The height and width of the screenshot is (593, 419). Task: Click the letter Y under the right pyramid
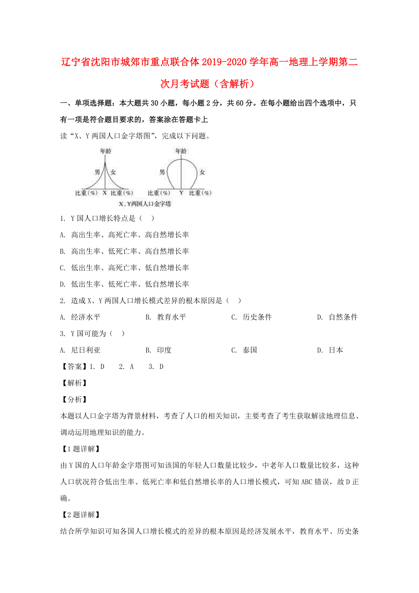[181, 193]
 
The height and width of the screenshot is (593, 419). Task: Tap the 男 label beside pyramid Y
[162, 172]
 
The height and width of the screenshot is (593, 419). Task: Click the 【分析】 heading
[71, 399]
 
